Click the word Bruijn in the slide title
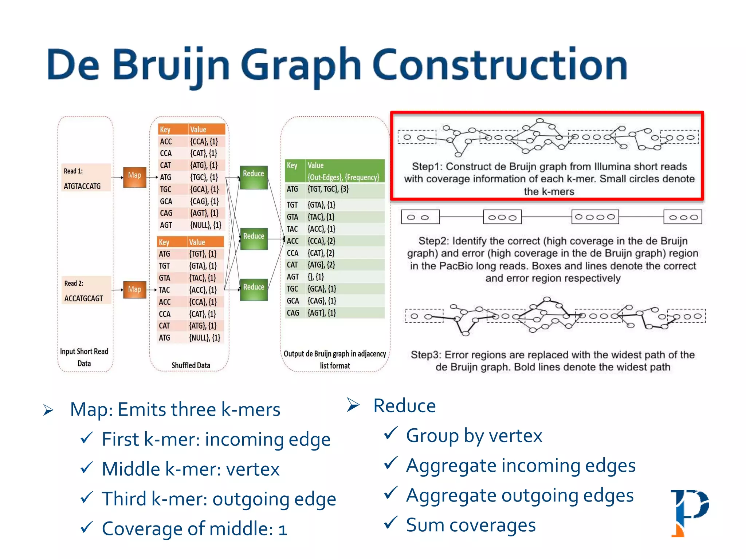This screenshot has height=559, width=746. pyautogui.click(x=171, y=66)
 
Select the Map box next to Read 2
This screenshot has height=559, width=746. pyautogui.click(x=134, y=290)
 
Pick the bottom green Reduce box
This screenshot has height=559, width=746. pyautogui.click(x=254, y=290)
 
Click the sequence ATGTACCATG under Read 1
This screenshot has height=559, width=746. pyautogui.click(x=82, y=186)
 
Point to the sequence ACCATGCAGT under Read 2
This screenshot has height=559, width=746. pyautogui.click(x=84, y=298)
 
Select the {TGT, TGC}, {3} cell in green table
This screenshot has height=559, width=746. pyautogui.click(x=328, y=189)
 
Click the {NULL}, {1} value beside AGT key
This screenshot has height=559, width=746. pyautogui.click(x=205, y=225)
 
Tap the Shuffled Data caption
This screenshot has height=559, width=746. pyautogui.click(x=191, y=365)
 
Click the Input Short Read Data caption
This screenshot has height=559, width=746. pyautogui.click(x=84, y=357)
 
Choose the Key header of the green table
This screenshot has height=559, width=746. pyautogui.click(x=292, y=166)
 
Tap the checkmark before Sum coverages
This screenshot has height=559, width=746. pyautogui.click(x=390, y=523)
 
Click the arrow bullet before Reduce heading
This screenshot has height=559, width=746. pyautogui.click(x=353, y=405)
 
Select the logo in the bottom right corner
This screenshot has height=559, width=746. pyautogui.click(x=690, y=513)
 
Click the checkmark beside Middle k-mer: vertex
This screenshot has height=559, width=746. pyautogui.click(x=87, y=467)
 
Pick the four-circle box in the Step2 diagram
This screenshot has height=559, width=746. pyautogui.click(x=595, y=217)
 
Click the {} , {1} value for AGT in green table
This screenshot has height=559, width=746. pyautogui.click(x=316, y=277)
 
